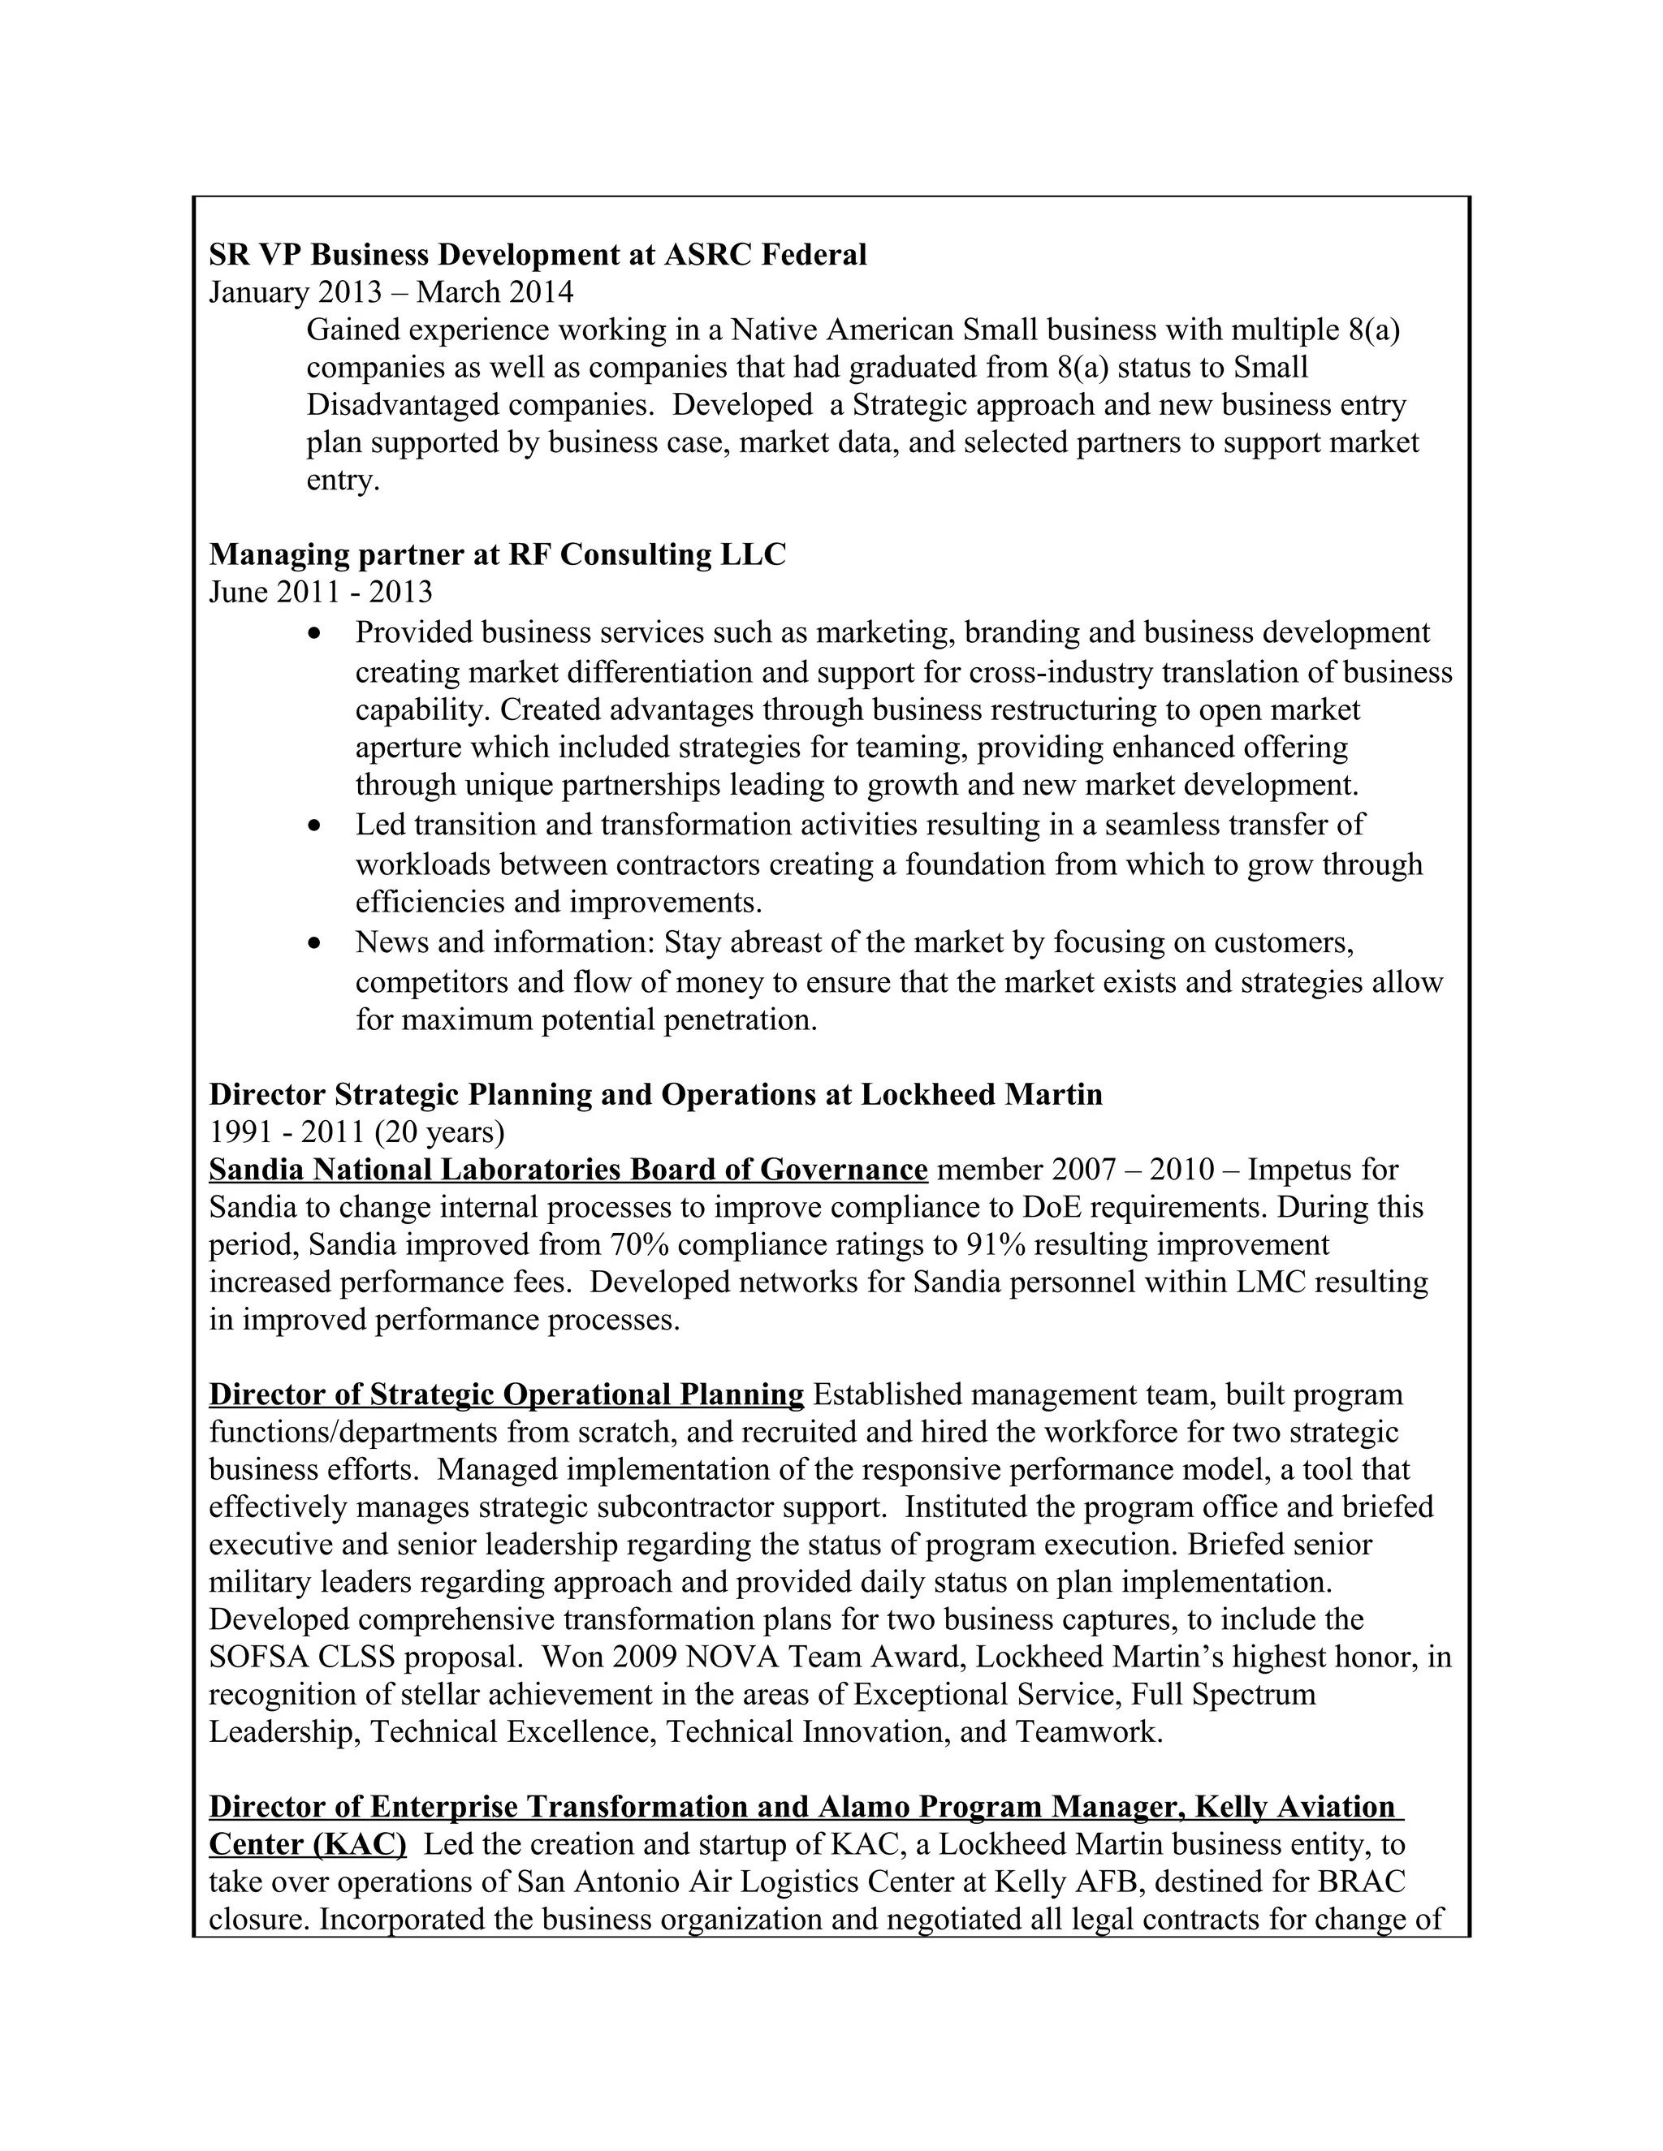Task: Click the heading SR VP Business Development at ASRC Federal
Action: coord(537,255)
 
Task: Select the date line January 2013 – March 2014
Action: coord(391,292)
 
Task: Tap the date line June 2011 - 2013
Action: coord(320,592)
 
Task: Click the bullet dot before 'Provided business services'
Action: coord(314,633)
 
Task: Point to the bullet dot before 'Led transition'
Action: coord(314,825)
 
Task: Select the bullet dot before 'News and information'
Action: coord(314,943)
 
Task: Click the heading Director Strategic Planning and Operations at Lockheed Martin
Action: coord(655,1094)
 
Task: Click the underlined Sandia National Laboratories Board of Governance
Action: coord(568,1170)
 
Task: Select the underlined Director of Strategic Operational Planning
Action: coord(507,1394)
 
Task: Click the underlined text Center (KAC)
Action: coord(308,1843)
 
